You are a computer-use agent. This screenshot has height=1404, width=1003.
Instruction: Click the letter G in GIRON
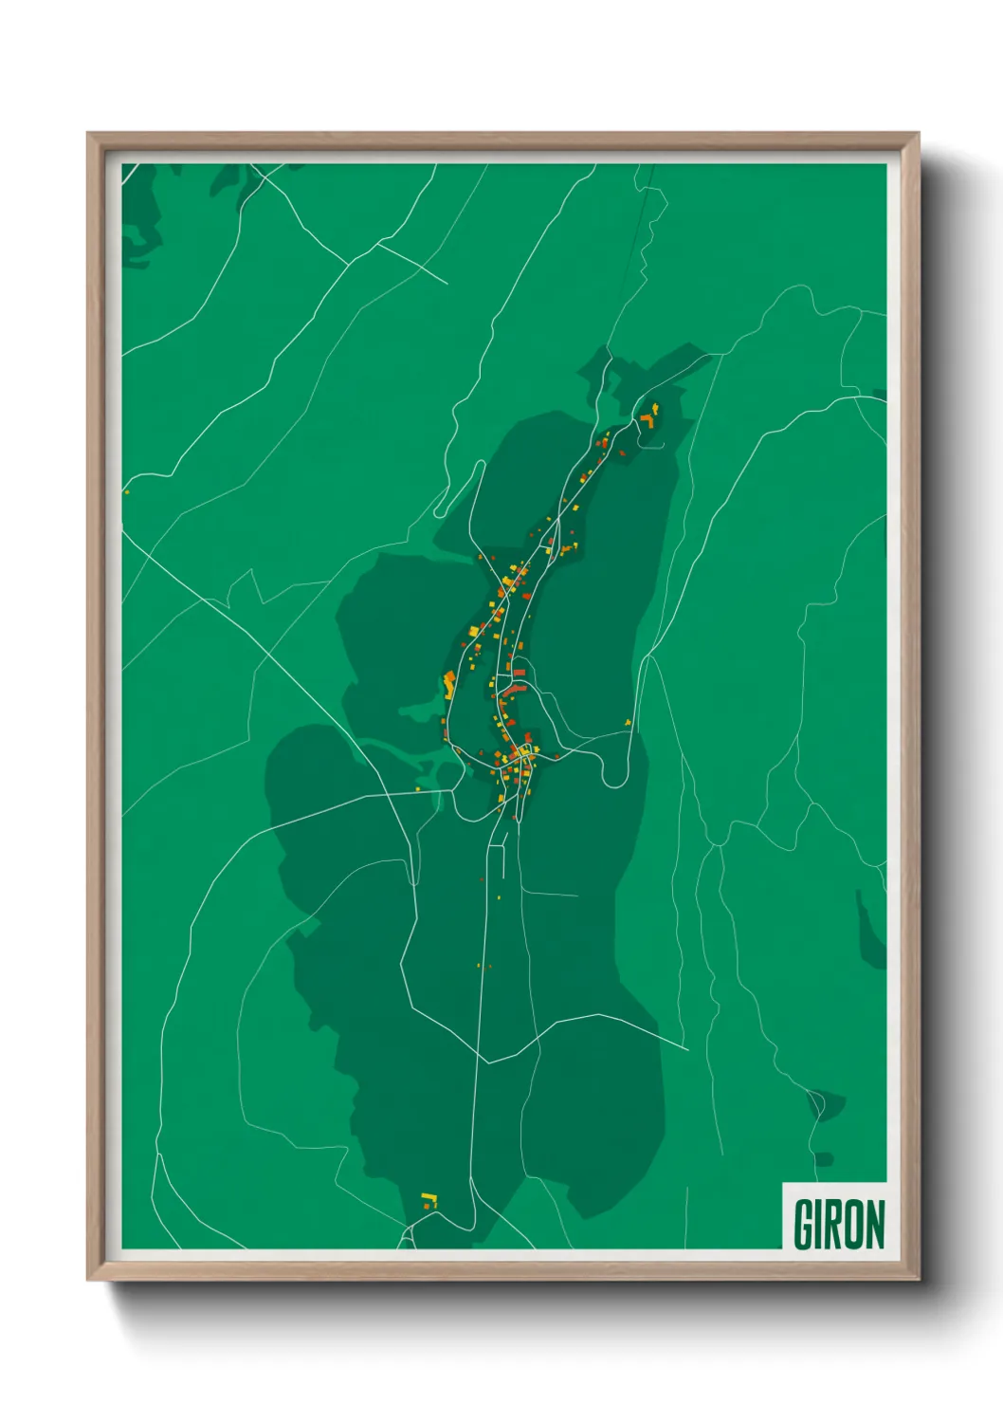pos(804,1224)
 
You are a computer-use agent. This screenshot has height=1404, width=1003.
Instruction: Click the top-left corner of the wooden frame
pos(88,134)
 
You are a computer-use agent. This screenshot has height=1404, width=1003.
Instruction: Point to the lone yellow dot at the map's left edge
pos(126,491)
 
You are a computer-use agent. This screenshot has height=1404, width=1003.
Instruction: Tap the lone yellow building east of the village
pos(628,723)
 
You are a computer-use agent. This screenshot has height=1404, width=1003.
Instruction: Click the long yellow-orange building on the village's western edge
pos(449,681)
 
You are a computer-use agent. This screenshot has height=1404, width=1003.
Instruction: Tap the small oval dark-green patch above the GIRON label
pos(823,1159)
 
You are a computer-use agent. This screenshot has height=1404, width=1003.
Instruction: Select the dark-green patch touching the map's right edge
pos(870,934)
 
